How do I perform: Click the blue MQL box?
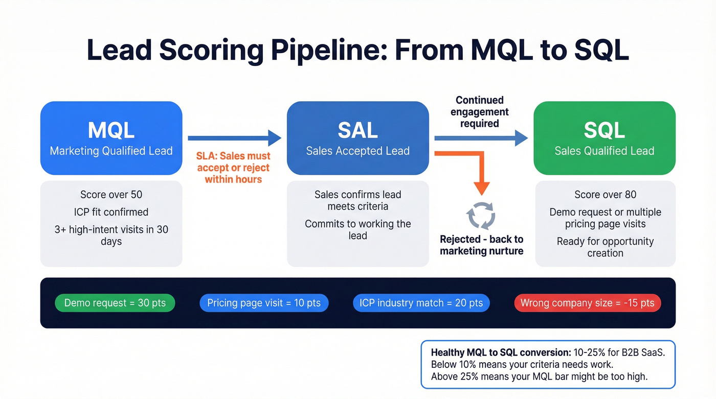coord(111,138)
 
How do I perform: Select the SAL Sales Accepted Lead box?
coord(357,138)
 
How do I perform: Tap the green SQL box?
coord(604,138)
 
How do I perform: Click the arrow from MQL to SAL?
coord(234,138)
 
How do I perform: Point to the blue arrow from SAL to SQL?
coord(481,138)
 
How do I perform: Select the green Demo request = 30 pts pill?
coord(115,303)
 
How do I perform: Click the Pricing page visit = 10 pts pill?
coord(264,303)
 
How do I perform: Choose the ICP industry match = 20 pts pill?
coord(421,303)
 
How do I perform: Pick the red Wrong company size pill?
coord(587,303)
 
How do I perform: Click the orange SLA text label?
coord(233,168)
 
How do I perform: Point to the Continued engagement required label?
coord(480,112)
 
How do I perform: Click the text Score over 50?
coord(111,195)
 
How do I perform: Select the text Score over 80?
coord(605,195)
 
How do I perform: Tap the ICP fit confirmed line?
coord(111,212)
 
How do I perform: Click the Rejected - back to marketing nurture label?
coord(481,245)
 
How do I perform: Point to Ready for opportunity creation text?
coord(605,247)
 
